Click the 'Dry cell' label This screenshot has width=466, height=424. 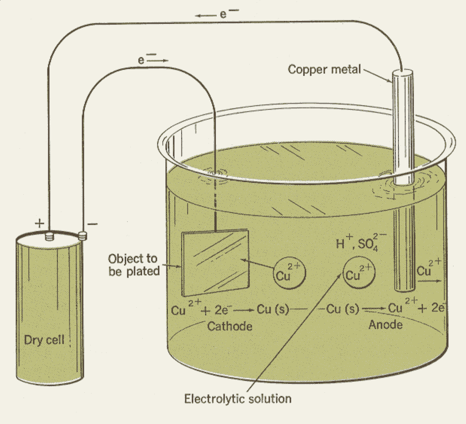44,340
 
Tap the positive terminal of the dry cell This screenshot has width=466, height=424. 49,236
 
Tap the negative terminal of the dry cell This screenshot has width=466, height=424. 83,236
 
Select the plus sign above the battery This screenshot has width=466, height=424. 40,223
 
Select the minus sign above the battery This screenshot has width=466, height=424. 93,224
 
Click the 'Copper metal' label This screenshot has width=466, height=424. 324,69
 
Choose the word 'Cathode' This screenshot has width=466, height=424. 230,326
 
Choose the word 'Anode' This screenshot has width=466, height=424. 385,325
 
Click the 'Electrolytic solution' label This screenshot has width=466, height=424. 238,399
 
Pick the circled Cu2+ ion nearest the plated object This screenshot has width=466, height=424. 289,273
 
